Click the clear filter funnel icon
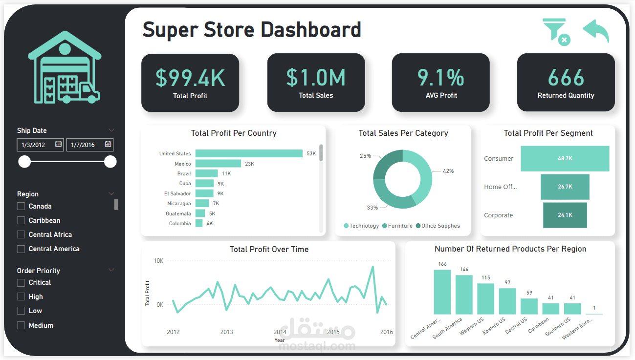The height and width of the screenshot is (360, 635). [x=556, y=32]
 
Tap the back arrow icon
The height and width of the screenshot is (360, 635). [x=596, y=31]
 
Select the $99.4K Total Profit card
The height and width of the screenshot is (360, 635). [x=190, y=83]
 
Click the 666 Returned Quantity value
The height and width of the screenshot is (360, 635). [x=566, y=78]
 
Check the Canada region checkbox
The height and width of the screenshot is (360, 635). [x=21, y=207]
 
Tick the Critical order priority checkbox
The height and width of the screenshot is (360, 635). [x=21, y=283]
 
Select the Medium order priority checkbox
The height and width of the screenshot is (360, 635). [x=21, y=325]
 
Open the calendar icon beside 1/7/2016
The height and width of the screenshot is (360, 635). [x=108, y=144]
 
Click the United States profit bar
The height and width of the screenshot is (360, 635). [x=249, y=153]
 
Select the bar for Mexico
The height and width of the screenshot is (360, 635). [x=218, y=164]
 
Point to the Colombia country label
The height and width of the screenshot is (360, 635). [x=180, y=224]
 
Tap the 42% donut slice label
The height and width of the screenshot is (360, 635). [x=448, y=171]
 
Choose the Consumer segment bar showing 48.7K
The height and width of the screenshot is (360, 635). [x=565, y=158]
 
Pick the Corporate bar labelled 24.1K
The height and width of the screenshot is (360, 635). [x=565, y=215]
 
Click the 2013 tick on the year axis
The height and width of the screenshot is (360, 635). [x=226, y=332]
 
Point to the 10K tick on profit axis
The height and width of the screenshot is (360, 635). [x=158, y=261]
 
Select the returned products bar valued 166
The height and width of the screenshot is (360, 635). [x=442, y=292]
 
